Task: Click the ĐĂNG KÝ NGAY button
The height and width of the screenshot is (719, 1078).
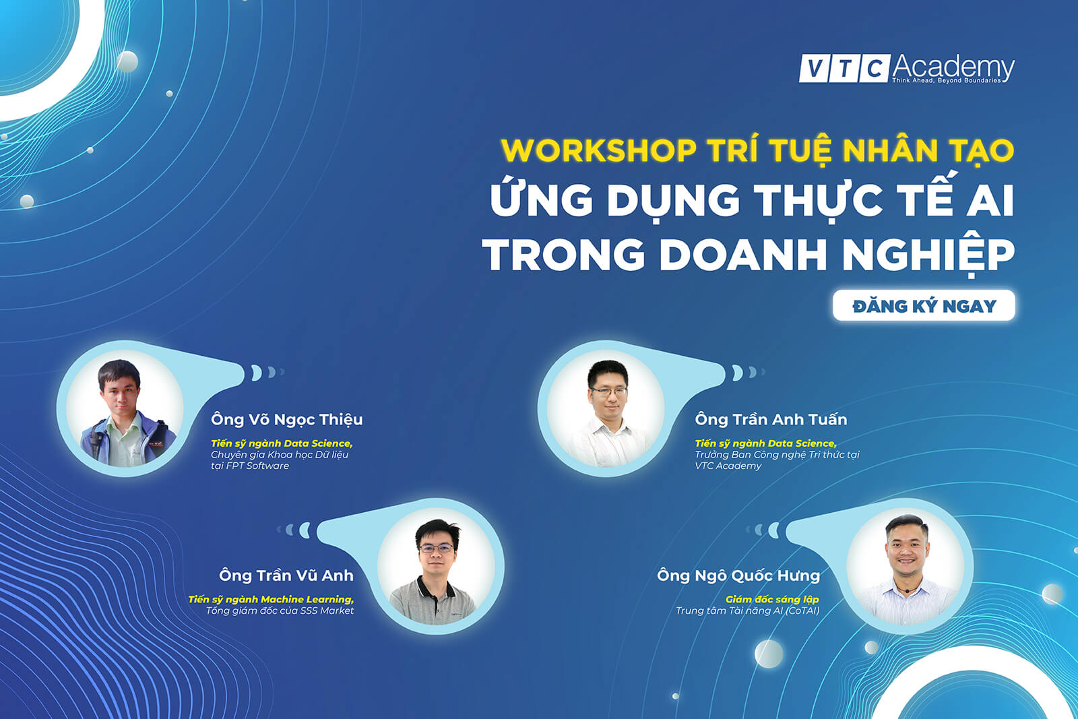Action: click(924, 306)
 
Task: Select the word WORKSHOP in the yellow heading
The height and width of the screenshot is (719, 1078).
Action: click(599, 150)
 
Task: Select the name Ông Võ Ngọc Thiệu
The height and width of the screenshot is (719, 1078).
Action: click(287, 420)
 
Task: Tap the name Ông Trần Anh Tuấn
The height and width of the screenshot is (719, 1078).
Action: click(771, 419)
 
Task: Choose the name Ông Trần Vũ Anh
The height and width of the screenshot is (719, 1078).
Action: click(286, 575)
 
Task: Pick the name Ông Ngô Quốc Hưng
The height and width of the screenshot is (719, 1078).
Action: click(738, 575)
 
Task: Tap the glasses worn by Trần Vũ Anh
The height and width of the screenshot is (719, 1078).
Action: click(437, 548)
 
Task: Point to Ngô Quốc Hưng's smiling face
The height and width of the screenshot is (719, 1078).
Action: click(906, 549)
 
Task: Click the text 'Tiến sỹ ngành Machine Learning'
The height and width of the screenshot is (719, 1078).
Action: click(271, 599)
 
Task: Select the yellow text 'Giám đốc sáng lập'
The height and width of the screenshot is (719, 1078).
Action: click(772, 599)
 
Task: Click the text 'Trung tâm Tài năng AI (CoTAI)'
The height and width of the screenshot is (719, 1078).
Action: click(747, 611)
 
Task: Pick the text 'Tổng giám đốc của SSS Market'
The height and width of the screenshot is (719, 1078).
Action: click(280, 611)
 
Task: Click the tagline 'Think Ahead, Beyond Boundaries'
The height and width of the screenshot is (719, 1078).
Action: click(947, 80)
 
